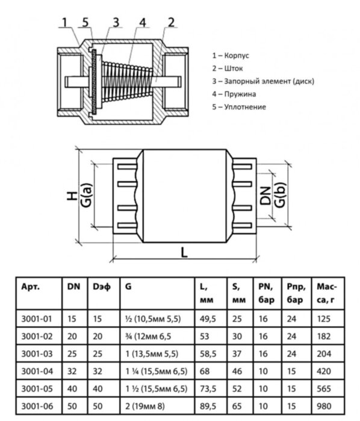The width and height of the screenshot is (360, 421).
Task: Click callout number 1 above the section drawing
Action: (64, 23)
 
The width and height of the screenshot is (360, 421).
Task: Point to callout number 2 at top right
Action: (172, 23)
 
